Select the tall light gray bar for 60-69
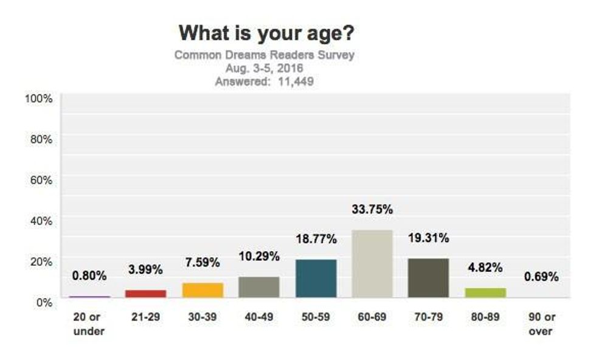pos(372,263)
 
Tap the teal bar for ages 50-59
pos(316,279)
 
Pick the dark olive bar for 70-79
pos(429,278)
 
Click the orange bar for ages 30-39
pos(203,290)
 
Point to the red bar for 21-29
pos(146,294)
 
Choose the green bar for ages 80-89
pos(485,292)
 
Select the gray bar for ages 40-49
pos(259,287)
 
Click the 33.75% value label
pos(372,210)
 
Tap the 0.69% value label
pos(541,277)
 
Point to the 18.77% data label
pos(316,239)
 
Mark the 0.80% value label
pos(89,275)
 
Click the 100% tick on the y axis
pos(38,99)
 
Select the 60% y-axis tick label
pos(41,179)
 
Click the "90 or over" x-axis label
pos(541,324)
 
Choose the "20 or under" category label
pos(89,324)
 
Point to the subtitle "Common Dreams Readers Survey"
pos(264,55)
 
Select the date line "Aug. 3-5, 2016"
pos(264,68)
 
